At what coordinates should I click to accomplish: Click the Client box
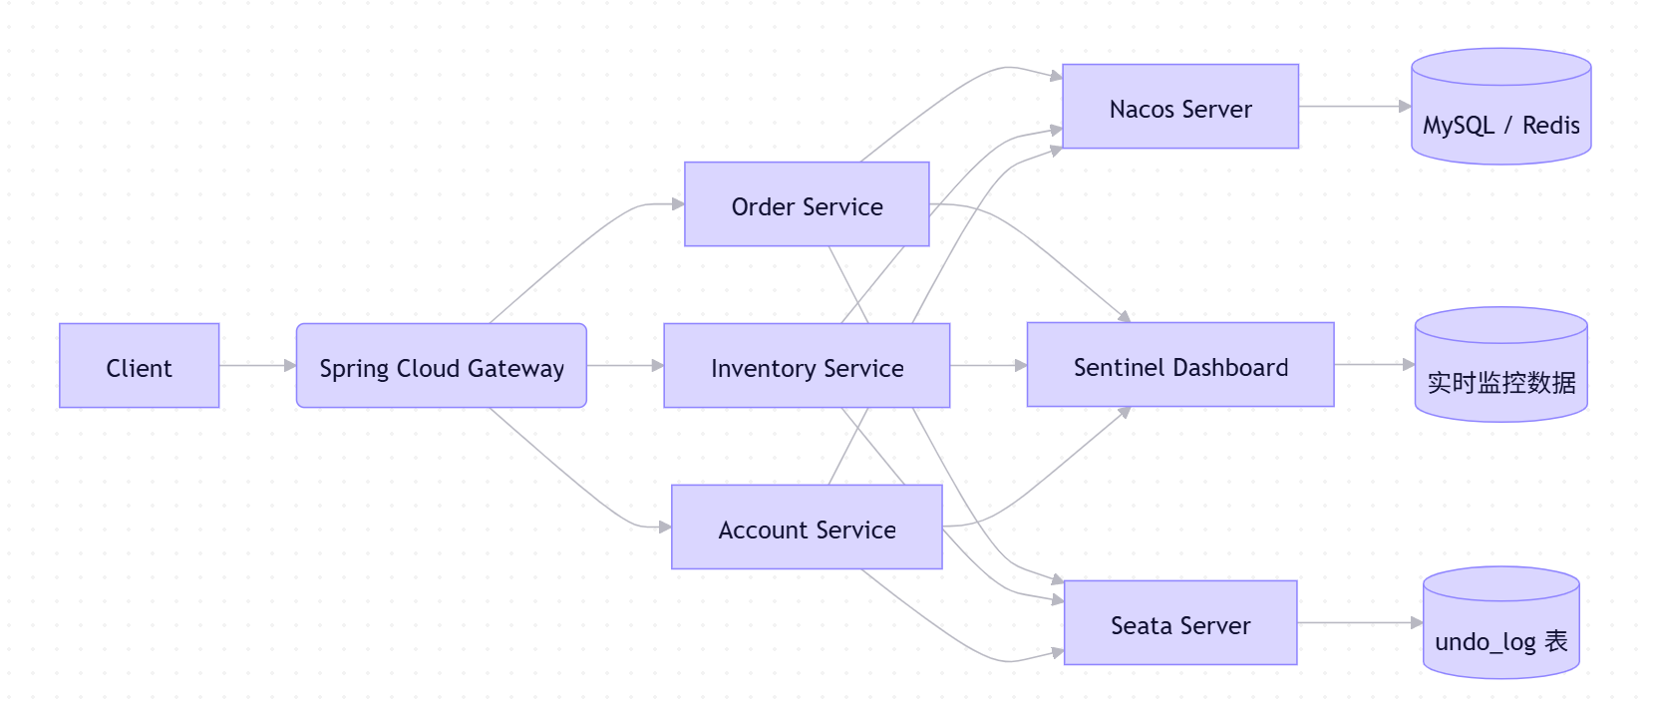(x=139, y=366)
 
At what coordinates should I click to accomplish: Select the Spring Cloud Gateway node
(x=441, y=366)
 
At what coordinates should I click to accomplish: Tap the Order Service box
(x=807, y=204)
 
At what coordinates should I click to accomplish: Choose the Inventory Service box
(x=807, y=366)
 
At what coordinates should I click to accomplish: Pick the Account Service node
(x=807, y=528)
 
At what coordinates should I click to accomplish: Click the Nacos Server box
(x=1180, y=107)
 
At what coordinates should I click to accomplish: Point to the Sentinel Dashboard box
(x=1180, y=365)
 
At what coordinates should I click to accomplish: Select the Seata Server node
(x=1180, y=623)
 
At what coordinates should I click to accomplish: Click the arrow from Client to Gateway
(x=257, y=366)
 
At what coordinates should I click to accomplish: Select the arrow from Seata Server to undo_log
(x=1359, y=623)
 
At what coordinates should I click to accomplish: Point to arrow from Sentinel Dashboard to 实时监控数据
(x=1374, y=365)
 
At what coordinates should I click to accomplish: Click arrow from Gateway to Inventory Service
(x=625, y=366)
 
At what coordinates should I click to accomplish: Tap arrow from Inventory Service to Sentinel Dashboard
(x=988, y=366)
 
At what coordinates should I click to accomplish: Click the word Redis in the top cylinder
(x=1550, y=126)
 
